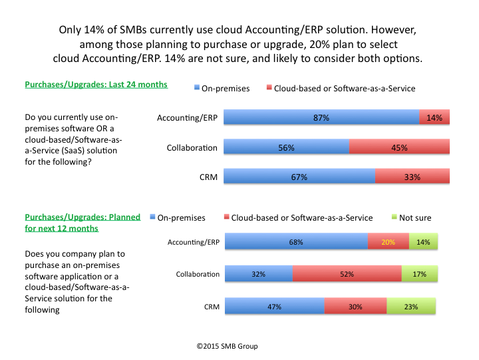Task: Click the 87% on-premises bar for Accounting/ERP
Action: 321,117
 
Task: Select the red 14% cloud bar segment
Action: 434,117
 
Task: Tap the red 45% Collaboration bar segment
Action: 399,147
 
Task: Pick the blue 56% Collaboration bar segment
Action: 286,147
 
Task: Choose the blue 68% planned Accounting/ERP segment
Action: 296,242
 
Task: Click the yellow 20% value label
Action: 389,242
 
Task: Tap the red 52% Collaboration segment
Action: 347,273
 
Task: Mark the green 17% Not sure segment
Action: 420,273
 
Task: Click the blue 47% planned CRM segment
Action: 274,307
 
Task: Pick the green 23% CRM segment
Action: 411,307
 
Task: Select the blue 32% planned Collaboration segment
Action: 258,273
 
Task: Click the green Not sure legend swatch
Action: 394,217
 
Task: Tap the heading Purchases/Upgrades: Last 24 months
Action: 96,85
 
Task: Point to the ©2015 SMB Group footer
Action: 227,346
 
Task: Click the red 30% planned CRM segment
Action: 355,307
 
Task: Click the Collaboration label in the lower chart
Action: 198,274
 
